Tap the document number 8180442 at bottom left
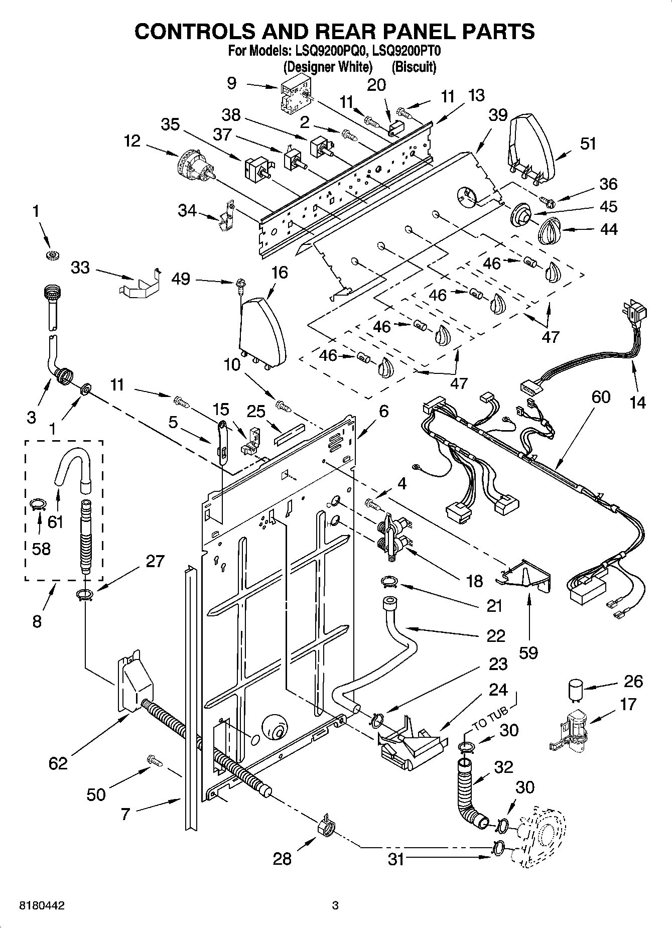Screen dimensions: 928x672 point(42,906)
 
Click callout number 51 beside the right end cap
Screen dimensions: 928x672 point(588,144)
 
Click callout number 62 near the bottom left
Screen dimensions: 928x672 point(58,763)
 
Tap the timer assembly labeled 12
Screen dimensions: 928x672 point(195,166)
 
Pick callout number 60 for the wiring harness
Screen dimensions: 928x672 point(601,397)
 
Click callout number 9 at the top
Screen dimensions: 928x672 point(231,82)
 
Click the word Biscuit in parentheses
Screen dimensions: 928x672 point(414,67)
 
